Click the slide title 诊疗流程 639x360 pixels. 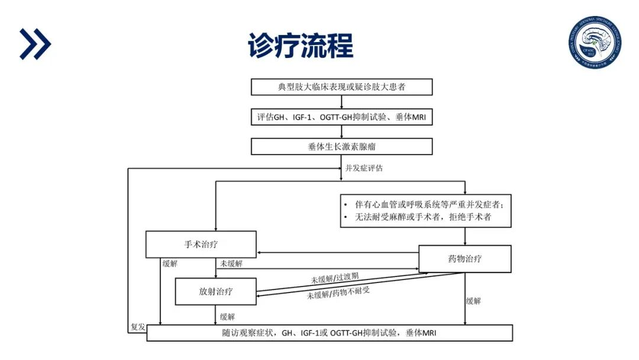pyautogui.click(x=301, y=45)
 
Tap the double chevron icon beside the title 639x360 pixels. pyautogui.click(x=35, y=44)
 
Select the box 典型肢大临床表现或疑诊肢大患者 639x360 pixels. pyautogui.click(x=341, y=87)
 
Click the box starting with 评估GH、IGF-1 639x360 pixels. pyautogui.click(x=341, y=117)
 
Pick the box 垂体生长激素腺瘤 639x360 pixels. pyautogui.click(x=341, y=147)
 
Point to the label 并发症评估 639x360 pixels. pyautogui.click(x=364, y=168)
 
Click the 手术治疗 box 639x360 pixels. pyautogui.click(x=201, y=244)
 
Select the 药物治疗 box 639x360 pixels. pyautogui.click(x=464, y=259)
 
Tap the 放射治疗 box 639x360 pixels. pyautogui.click(x=216, y=291)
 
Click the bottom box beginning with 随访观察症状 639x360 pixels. pyautogui.click(x=330, y=333)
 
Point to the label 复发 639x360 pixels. pyautogui.click(x=137, y=327)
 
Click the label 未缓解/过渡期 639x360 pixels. pyautogui.click(x=335, y=278)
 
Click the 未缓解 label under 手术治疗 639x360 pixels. pyautogui.click(x=231, y=263)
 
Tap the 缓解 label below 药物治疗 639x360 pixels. pyautogui.click(x=473, y=301)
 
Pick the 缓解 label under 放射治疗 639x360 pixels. pyautogui.click(x=227, y=316)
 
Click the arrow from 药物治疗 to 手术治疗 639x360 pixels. pyautogui.click(x=337, y=253)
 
